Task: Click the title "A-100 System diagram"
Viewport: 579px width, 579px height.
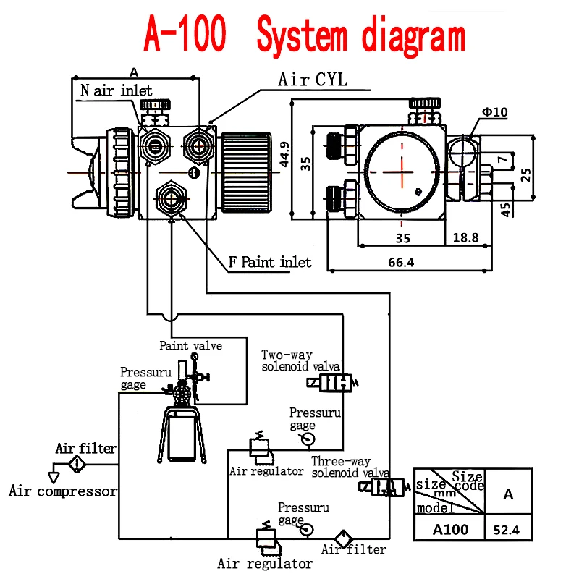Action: (304, 34)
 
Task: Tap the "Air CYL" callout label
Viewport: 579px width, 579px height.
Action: (313, 80)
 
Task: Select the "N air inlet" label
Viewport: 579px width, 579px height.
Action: (117, 90)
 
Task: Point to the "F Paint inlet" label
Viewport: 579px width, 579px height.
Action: (270, 262)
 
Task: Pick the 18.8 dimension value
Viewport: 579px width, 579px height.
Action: (465, 237)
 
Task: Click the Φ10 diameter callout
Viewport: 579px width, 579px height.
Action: (495, 112)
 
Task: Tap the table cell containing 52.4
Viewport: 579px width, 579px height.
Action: (508, 530)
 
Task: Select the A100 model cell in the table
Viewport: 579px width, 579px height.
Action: (449, 529)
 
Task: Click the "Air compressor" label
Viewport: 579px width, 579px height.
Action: (63, 491)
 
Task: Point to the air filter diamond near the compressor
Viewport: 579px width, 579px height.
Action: (77, 464)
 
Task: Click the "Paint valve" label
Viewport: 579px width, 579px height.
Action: (190, 345)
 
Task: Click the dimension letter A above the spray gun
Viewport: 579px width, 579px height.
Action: (133, 72)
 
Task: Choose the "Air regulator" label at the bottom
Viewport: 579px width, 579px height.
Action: (265, 563)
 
